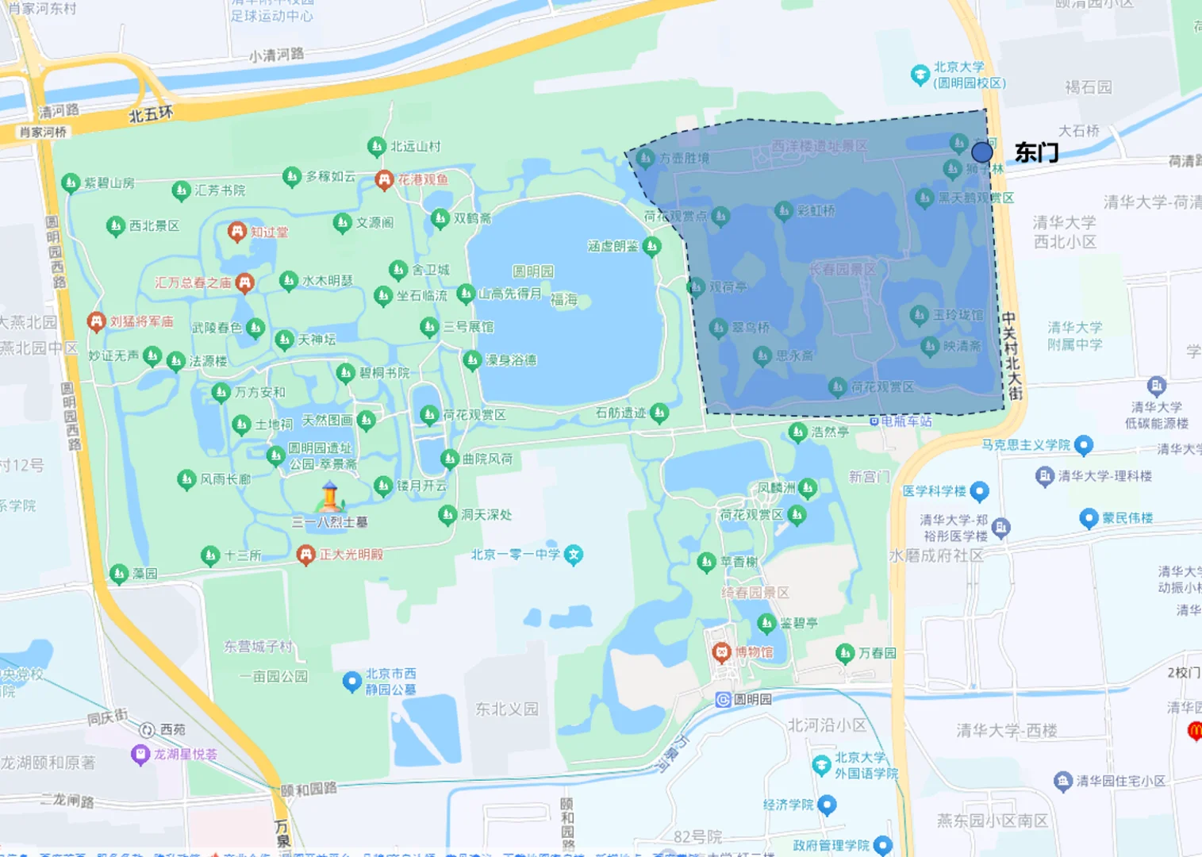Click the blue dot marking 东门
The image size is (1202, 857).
pyautogui.click(x=981, y=152)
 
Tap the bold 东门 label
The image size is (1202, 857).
pyautogui.click(x=1036, y=152)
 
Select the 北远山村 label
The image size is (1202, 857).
pyautogui.click(x=415, y=147)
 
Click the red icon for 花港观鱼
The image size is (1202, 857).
pyautogui.click(x=385, y=180)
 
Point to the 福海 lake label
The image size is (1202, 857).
pyautogui.click(x=563, y=299)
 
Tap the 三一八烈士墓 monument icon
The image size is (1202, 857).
pyautogui.click(x=330, y=497)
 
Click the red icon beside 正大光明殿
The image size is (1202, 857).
pyautogui.click(x=305, y=554)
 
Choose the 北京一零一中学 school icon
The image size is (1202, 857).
pyautogui.click(x=574, y=555)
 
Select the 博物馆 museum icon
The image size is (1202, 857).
pyautogui.click(x=721, y=652)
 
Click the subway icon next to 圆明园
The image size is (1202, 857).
pyautogui.click(x=723, y=699)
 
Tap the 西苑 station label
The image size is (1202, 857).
pyautogui.click(x=172, y=729)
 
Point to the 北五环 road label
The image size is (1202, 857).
pyautogui.click(x=151, y=114)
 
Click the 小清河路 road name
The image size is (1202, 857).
pyautogui.click(x=276, y=55)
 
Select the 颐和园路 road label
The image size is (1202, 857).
pyautogui.click(x=309, y=789)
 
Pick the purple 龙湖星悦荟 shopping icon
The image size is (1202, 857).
pyautogui.click(x=140, y=754)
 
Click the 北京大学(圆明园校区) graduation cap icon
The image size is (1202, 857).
pyautogui.click(x=920, y=75)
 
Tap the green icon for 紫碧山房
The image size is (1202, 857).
pyautogui.click(x=71, y=183)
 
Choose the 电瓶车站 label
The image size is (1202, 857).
pyautogui.click(x=905, y=421)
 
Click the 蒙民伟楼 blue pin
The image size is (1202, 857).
pyautogui.click(x=1089, y=518)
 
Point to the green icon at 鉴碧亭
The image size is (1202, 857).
pyautogui.click(x=766, y=623)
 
